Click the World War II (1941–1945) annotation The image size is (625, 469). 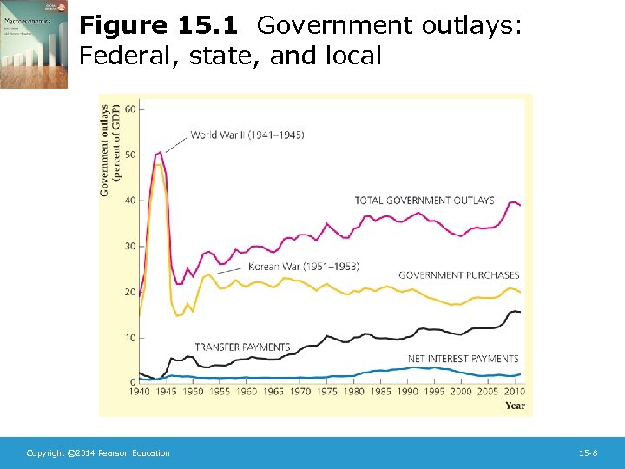coord(247,135)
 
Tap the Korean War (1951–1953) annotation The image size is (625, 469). coord(303,266)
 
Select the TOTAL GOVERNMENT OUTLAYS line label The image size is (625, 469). coord(424,201)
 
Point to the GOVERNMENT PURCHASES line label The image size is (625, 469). coord(458,275)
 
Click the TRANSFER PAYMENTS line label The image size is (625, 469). coord(242,347)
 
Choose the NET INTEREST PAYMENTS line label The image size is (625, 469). coord(463,358)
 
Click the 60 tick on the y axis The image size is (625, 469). coord(130,109)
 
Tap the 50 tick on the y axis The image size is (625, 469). coord(130,155)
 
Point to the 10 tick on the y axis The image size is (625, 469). coord(130,337)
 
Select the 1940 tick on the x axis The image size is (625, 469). coord(140,392)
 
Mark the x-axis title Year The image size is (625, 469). coord(515,405)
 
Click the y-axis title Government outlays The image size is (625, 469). coord(105,148)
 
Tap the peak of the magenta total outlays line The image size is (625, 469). coord(160,152)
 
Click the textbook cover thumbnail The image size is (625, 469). coord(34,44)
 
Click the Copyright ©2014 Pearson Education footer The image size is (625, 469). coord(98,453)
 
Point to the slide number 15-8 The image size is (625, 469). coord(588,453)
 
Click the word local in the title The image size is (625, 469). coord(352,56)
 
